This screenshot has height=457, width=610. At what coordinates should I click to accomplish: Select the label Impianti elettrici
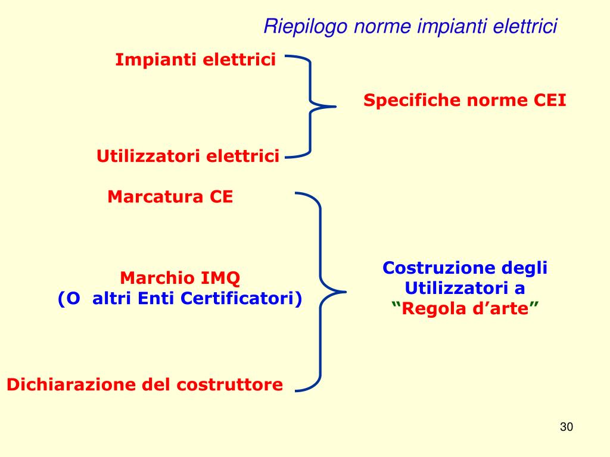coord(195,60)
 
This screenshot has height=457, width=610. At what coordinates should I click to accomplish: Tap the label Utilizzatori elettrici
coord(188,156)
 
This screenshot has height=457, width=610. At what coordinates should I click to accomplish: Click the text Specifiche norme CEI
coord(465,101)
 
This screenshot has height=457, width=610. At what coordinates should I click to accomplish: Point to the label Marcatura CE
coord(170,197)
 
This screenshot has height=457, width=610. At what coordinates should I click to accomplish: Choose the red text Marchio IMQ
coord(180,278)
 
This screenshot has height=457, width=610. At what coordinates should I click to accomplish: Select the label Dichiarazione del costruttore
coord(145,384)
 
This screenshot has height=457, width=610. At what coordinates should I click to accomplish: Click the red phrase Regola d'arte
coord(465,309)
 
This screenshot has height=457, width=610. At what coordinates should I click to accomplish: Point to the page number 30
coord(566,427)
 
